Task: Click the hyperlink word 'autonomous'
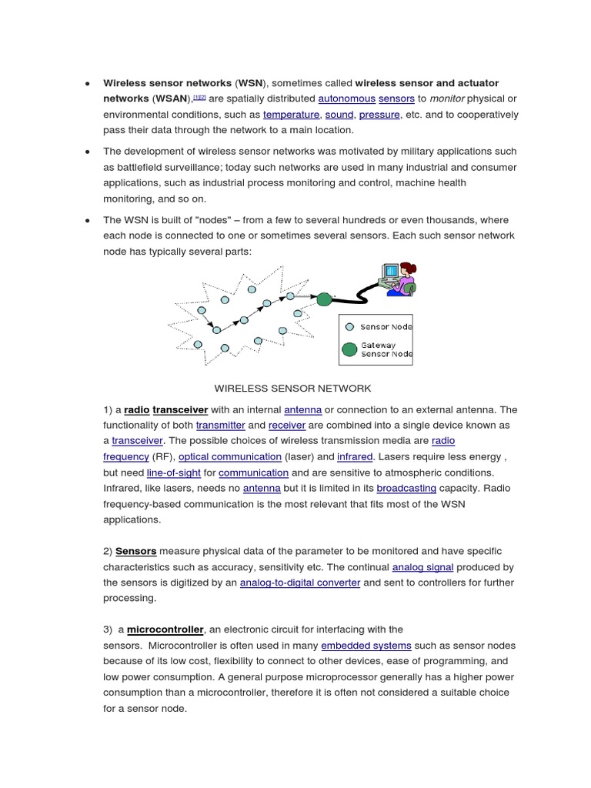(x=346, y=98)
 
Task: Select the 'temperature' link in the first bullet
(x=291, y=115)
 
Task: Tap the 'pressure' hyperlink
(x=379, y=115)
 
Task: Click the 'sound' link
(x=339, y=115)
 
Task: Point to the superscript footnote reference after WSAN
(x=199, y=97)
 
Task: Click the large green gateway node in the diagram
(x=324, y=299)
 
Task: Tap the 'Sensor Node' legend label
(x=386, y=327)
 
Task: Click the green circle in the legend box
(x=349, y=350)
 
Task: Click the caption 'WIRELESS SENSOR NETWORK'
(x=292, y=388)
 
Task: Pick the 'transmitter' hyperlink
(x=220, y=425)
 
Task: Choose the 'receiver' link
(x=286, y=425)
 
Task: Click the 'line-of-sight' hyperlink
(x=171, y=472)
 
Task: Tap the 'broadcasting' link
(x=406, y=488)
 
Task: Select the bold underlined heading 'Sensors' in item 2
(x=136, y=551)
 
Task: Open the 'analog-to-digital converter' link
(x=300, y=583)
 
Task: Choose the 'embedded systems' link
(x=366, y=646)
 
